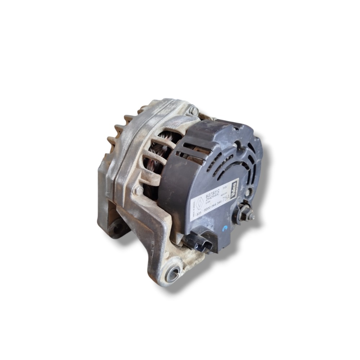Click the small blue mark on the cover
(x=225, y=228)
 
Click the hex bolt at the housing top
(x=194, y=111)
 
